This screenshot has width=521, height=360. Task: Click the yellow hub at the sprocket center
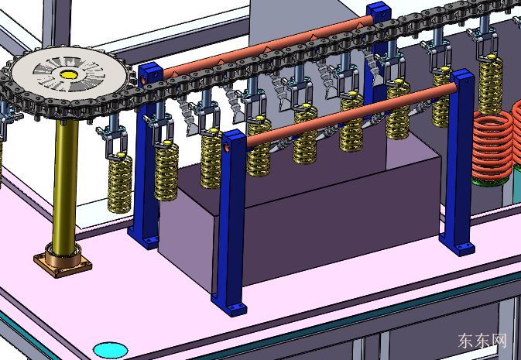click(x=69, y=74)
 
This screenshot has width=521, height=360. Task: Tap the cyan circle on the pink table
click(x=110, y=351)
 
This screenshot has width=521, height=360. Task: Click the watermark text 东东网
click(x=482, y=341)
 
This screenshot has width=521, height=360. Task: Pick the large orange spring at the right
click(x=492, y=146)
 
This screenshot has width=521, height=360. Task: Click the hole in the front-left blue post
click(x=228, y=148)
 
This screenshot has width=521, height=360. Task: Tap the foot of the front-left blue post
click(x=229, y=306)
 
